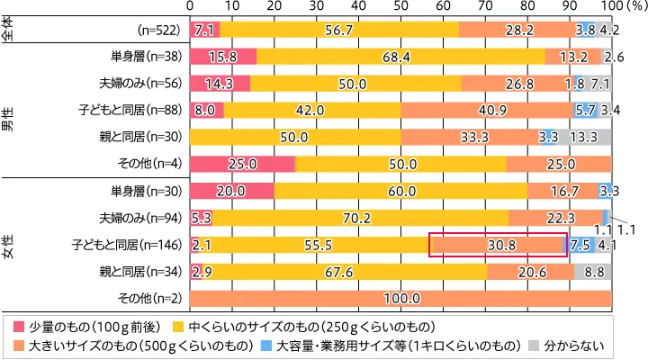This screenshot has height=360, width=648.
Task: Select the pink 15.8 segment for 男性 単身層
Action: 223,57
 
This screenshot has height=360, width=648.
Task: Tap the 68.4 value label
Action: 400,57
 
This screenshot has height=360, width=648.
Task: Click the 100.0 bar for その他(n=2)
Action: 400,298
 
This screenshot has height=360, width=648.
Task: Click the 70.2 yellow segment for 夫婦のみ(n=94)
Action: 360,217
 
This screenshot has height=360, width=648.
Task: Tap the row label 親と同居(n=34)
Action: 145,270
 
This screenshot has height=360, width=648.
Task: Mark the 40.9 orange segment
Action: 486,110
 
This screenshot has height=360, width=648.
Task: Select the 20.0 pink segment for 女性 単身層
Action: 232,191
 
